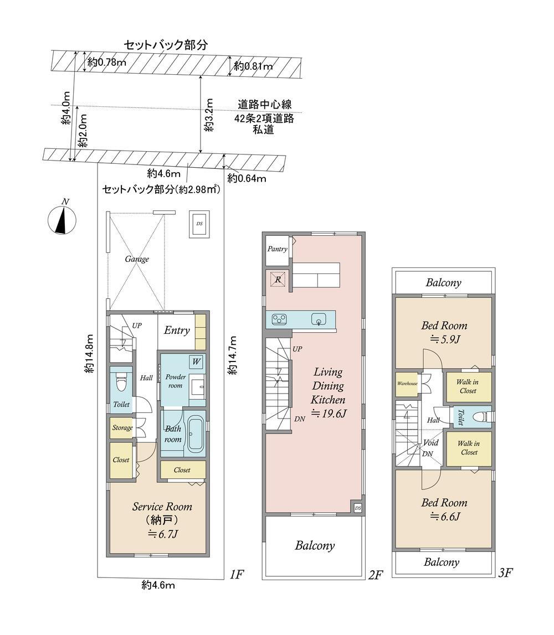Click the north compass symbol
(62, 220)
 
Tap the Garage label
(137, 259)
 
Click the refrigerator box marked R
(278, 279)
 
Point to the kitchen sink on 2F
(319, 319)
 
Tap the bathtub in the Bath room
(196, 435)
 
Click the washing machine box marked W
(196, 362)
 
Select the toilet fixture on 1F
(121, 381)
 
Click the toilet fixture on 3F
(481, 417)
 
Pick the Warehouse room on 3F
(407, 384)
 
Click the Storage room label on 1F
(122, 427)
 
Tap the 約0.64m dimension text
(247, 178)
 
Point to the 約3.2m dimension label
(208, 115)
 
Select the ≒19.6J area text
(329, 414)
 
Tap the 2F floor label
(376, 575)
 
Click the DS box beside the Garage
(199, 224)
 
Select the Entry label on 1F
(177, 331)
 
